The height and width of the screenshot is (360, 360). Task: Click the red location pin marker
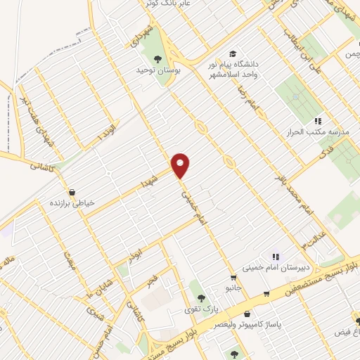coord(181,166)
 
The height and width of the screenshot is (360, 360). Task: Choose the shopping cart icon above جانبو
coord(233,277)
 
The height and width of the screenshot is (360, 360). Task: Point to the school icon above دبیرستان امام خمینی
coord(276,257)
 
